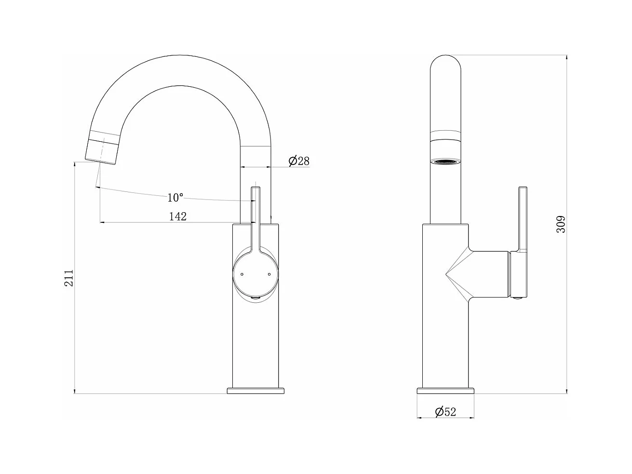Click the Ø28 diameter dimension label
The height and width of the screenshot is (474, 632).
(x=299, y=161)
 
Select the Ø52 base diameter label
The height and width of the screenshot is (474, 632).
(x=445, y=412)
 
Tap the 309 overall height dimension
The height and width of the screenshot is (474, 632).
(x=561, y=224)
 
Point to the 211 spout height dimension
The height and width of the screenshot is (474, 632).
(x=68, y=278)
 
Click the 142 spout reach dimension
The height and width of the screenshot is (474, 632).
(x=178, y=217)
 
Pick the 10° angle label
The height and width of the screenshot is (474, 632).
(x=175, y=198)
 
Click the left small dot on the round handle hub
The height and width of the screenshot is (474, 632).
(x=242, y=274)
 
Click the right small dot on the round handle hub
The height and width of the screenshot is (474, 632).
(x=269, y=274)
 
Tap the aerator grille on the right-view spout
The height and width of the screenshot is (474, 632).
(x=445, y=162)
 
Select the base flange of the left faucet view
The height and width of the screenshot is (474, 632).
(x=255, y=391)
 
